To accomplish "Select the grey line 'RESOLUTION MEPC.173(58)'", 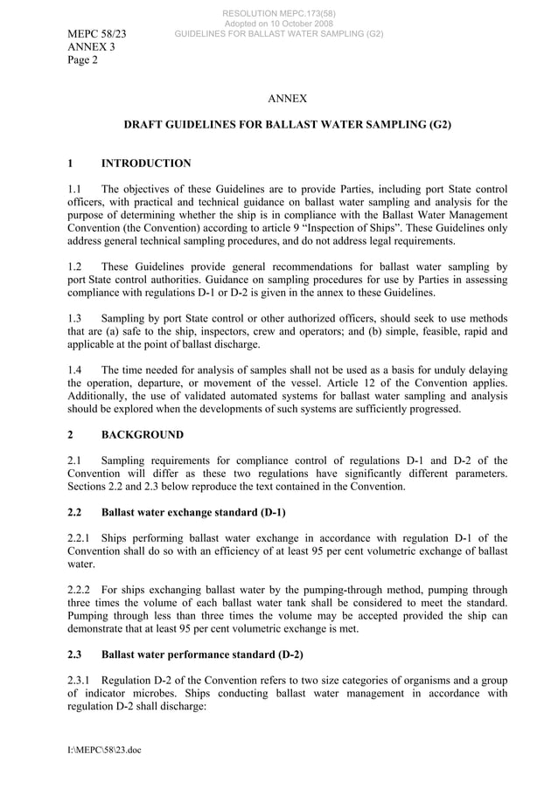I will [279, 13].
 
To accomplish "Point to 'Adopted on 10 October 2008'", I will [279, 24].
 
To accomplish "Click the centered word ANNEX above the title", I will [286, 100].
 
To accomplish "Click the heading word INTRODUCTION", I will [146, 163].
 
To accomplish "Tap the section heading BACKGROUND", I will [143, 435].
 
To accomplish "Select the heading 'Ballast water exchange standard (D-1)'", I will [193, 511].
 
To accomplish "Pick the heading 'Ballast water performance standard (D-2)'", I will [202, 653].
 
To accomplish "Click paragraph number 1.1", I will [75, 189].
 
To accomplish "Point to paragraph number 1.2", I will [75, 266].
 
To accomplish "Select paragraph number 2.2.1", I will [80, 537].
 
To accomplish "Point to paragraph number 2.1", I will [75, 460].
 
